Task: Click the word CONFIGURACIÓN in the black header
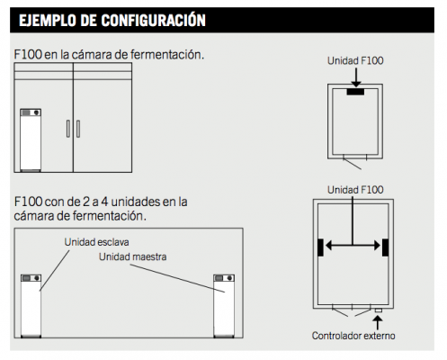[153, 21]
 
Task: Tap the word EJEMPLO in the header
[48, 21]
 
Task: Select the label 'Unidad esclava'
[96, 242]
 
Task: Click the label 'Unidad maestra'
[132, 256]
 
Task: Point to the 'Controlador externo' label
[353, 336]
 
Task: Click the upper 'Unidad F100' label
[355, 60]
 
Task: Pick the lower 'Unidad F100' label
[355, 190]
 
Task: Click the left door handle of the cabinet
[68, 129]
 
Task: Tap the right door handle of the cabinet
[78, 129]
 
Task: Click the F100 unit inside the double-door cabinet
[31, 140]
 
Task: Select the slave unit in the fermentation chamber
[31, 306]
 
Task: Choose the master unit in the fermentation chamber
[224, 306]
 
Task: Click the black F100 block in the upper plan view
[355, 92]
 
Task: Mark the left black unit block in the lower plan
[320, 247]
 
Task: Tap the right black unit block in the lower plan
[386, 247]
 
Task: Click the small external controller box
[379, 310]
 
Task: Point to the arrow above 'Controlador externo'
[378, 322]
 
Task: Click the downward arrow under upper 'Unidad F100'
[356, 77]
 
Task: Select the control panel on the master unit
[224, 278]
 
